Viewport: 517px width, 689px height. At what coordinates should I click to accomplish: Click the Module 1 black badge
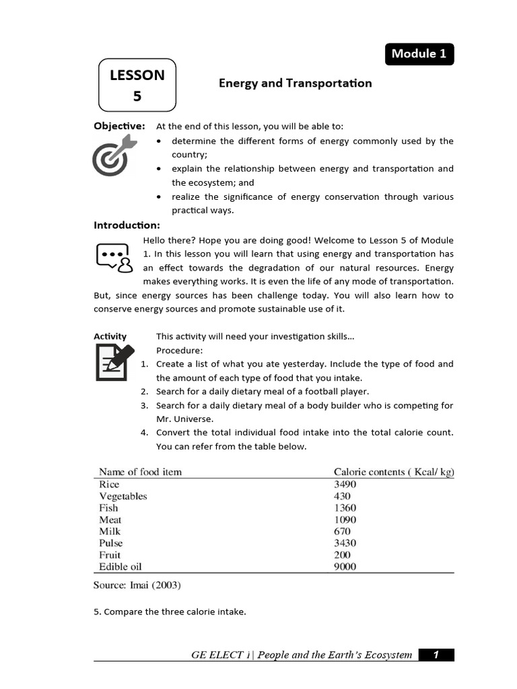pyautogui.click(x=419, y=54)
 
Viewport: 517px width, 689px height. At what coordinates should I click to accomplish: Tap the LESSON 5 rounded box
pyautogui.click(x=137, y=85)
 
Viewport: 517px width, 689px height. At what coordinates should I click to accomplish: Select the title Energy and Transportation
pyautogui.click(x=295, y=83)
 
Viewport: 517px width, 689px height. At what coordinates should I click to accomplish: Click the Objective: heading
pyautogui.click(x=119, y=126)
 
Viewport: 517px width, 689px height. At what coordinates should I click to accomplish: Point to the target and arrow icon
pyautogui.click(x=114, y=155)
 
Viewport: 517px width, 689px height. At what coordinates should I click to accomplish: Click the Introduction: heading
pyautogui.click(x=127, y=225)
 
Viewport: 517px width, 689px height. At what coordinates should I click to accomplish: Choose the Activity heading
pyautogui.click(x=110, y=336)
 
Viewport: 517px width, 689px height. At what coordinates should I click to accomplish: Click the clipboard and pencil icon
pyautogui.click(x=114, y=362)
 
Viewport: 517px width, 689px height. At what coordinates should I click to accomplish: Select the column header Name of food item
pyautogui.click(x=140, y=472)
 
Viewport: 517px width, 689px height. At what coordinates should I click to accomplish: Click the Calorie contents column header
pyautogui.click(x=394, y=472)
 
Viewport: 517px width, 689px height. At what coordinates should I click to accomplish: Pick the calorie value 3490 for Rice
pyautogui.click(x=345, y=484)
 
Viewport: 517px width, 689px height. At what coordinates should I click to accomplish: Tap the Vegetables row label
pyautogui.click(x=123, y=496)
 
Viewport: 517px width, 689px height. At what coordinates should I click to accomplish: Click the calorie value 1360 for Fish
pyautogui.click(x=345, y=508)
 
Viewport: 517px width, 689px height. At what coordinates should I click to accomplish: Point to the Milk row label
pyautogui.click(x=110, y=532)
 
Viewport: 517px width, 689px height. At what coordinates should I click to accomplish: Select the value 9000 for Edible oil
pyautogui.click(x=345, y=567)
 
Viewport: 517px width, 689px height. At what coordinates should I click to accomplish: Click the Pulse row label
pyautogui.click(x=111, y=543)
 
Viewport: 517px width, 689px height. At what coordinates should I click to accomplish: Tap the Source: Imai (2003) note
pyautogui.click(x=137, y=585)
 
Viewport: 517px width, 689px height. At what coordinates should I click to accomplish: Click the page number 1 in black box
pyautogui.click(x=436, y=655)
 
